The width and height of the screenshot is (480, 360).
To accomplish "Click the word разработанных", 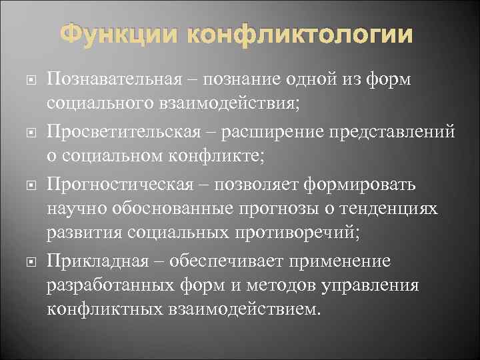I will point(113,286).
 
